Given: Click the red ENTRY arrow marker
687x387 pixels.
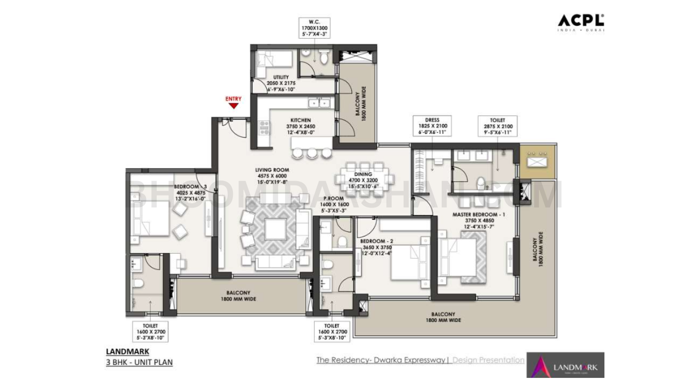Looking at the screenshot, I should (233, 106).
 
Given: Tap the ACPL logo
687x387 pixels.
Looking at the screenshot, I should (581, 21).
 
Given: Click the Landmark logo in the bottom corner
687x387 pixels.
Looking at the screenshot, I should (565, 365).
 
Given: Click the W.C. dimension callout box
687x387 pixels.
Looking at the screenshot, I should (314, 27).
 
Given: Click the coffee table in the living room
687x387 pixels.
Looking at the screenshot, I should (276, 230).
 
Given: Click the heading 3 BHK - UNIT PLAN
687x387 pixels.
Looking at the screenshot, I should (140, 362).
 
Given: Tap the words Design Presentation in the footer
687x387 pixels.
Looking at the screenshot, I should (488, 360).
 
